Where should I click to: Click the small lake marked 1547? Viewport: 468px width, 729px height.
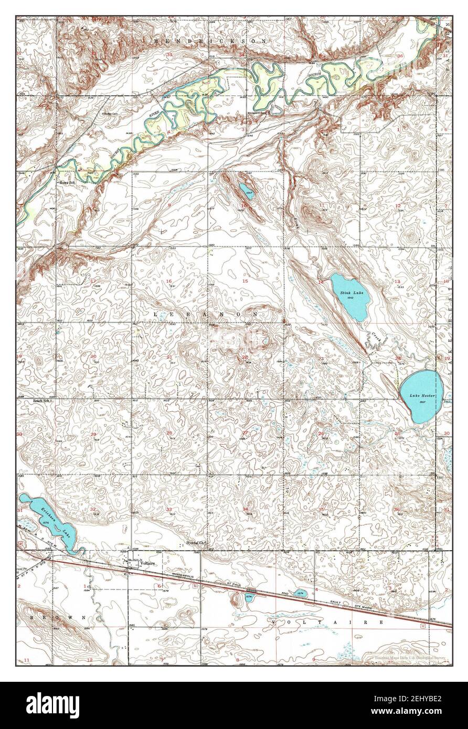tap(246, 189)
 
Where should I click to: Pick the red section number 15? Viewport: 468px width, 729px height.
tap(245, 282)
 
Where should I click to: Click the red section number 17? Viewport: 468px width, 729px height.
tap(93, 282)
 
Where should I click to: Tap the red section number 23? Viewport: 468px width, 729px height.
tap(321, 358)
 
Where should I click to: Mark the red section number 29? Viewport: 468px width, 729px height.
tap(93, 434)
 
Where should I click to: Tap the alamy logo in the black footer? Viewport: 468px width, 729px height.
tap(54, 705)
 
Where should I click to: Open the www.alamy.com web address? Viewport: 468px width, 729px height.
tap(425, 711)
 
